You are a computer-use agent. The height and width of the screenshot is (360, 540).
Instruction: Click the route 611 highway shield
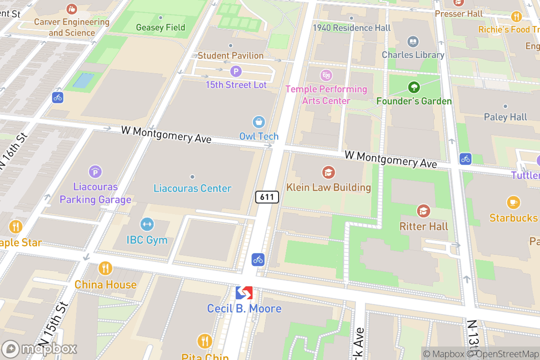267,197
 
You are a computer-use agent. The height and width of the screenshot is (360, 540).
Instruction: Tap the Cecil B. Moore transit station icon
244,293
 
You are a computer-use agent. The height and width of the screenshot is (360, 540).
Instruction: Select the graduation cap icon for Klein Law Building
328,172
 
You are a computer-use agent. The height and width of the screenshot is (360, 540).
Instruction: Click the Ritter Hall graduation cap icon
423,211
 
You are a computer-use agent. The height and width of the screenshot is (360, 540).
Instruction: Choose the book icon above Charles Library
413,42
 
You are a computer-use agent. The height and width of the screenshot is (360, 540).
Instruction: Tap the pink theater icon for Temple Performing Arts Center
326,75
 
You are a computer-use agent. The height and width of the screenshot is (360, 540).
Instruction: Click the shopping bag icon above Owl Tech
259,121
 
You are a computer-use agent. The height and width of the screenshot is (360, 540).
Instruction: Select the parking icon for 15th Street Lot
236,71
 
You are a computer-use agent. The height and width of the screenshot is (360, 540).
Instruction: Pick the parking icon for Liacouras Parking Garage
95,171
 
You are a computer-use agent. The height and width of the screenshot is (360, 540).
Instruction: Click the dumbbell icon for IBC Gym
147,224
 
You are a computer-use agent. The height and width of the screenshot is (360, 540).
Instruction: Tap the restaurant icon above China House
105,269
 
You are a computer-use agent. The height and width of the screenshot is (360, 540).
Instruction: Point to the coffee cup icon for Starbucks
513,202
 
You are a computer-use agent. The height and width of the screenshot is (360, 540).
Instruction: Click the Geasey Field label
161,27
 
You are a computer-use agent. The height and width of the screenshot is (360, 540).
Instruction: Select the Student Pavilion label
230,55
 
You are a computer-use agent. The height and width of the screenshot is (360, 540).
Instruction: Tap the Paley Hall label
505,117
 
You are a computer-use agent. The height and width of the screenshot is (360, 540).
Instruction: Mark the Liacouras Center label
192,188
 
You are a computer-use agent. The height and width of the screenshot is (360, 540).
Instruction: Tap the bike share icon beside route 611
258,259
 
